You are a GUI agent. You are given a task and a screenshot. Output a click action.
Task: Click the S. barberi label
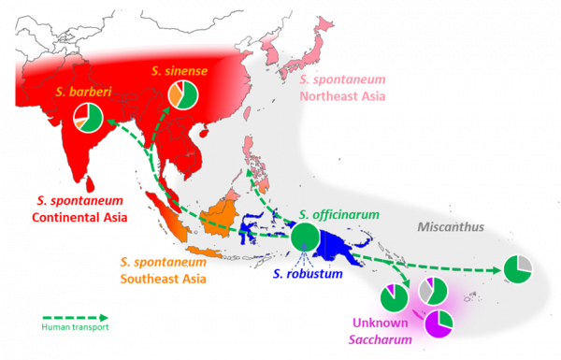click(73, 92)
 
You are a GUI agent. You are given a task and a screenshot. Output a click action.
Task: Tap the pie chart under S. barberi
click(88, 117)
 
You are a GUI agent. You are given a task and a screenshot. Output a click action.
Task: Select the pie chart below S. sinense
click(182, 94)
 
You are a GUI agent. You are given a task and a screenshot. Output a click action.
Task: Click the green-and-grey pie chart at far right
click(517, 269)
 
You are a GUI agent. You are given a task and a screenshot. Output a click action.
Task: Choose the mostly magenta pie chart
click(438, 324)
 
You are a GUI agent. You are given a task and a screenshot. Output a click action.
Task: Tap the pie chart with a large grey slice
click(432, 291)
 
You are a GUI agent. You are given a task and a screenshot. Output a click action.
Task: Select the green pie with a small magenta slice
click(395, 299)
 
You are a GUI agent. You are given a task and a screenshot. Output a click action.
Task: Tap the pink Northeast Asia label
click(344, 87)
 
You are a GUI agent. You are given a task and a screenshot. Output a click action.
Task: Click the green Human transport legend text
click(76, 323)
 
